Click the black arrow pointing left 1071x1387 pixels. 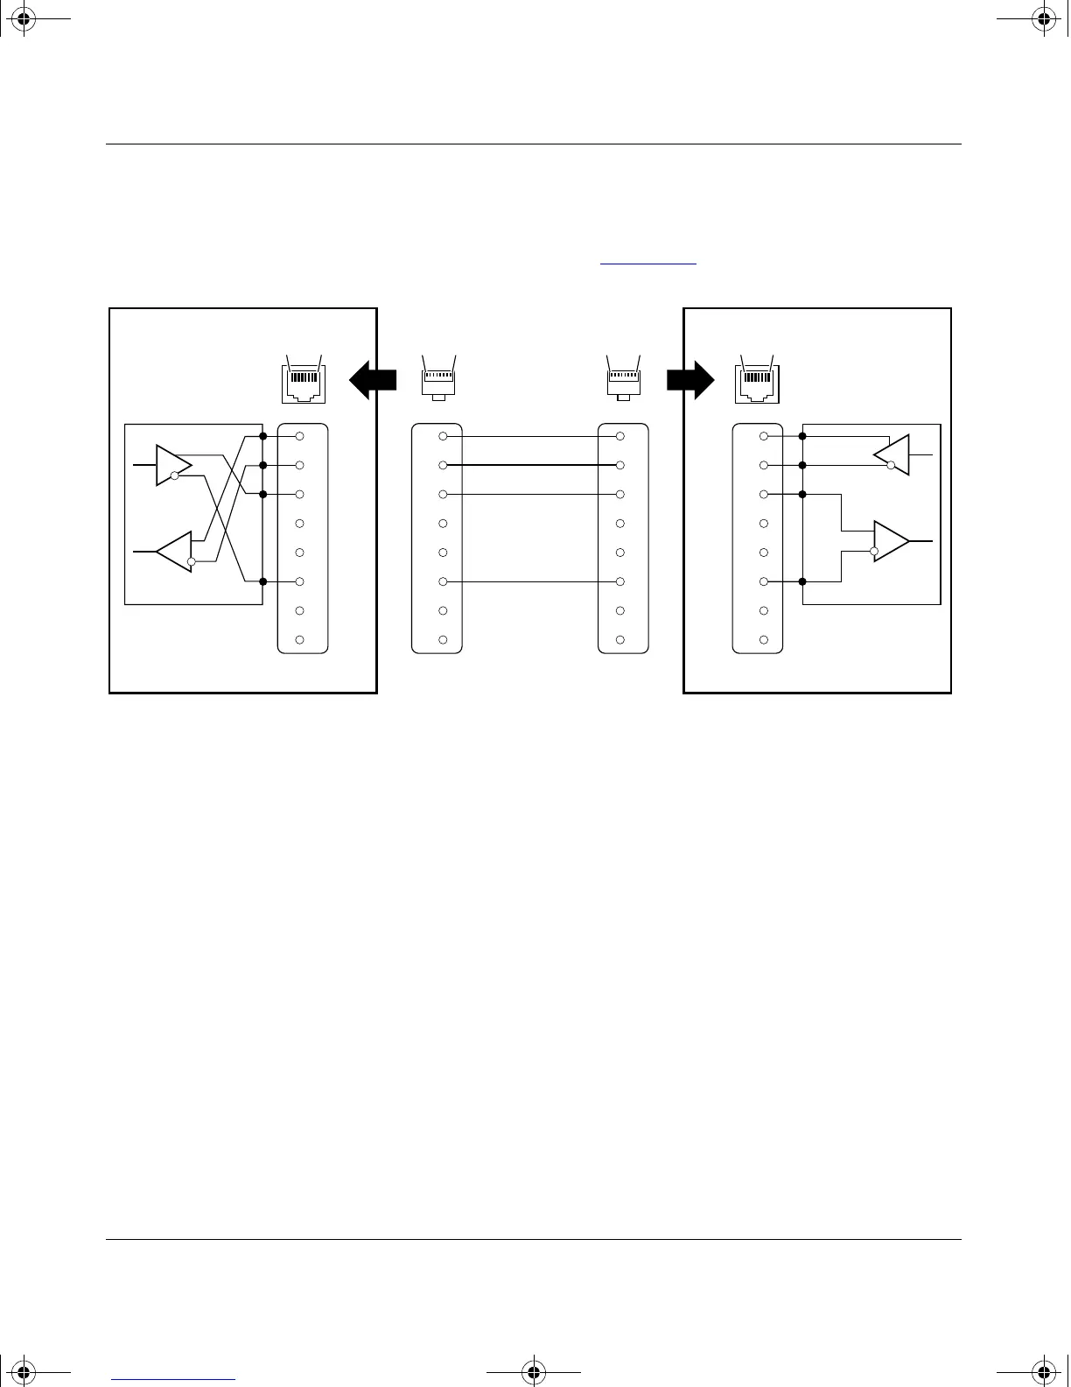click(372, 380)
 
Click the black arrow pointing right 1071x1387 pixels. click(691, 380)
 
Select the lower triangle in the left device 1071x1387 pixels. click(176, 552)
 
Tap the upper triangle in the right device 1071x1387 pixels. click(893, 455)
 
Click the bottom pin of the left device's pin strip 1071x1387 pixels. click(300, 640)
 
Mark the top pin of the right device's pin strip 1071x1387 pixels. click(764, 436)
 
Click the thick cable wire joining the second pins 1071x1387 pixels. click(532, 465)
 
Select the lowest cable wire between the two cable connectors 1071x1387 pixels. click(532, 581)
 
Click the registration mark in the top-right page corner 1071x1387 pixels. click(1043, 18)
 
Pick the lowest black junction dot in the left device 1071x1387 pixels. click(262, 581)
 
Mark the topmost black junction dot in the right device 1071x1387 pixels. click(802, 436)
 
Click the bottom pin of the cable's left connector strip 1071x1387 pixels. click(443, 640)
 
